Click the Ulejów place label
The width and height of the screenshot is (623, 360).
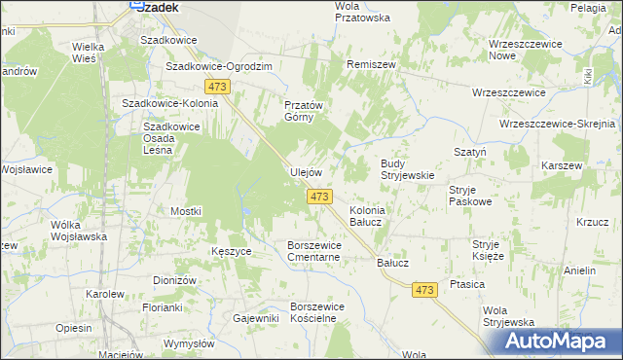pyautogui.click(x=306, y=172)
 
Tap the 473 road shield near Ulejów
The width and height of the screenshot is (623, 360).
pyautogui.click(x=319, y=197)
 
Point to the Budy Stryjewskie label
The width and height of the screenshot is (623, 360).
pyautogui.click(x=406, y=169)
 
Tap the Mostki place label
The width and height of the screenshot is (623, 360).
pyautogui.click(x=185, y=211)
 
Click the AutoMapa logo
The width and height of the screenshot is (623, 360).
pyautogui.click(x=557, y=341)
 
